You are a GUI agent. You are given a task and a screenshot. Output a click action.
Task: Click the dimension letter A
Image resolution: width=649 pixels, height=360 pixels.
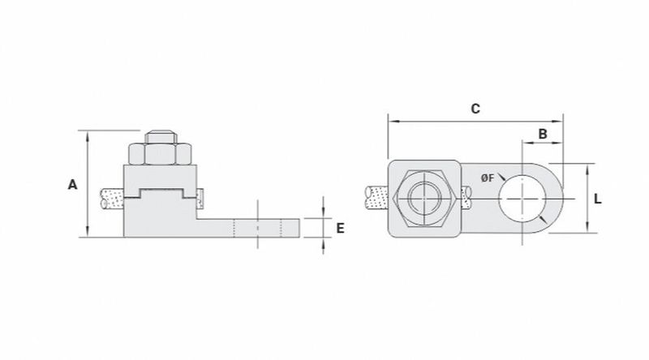click(x=72, y=185)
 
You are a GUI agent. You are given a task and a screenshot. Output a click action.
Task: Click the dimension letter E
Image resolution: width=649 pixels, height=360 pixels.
click(x=340, y=228)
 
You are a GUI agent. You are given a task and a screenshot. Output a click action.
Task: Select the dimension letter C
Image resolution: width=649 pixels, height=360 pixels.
click(x=475, y=109)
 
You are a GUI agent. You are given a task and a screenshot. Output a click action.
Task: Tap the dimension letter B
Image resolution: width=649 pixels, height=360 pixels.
click(x=542, y=134)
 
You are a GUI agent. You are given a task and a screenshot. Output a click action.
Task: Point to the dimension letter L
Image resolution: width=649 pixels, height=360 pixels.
click(x=597, y=199)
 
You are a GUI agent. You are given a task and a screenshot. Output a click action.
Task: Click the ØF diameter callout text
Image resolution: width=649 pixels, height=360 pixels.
click(x=488, y=178)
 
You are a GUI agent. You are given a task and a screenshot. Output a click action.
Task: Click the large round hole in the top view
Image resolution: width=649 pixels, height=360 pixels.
click(x=522, y=199)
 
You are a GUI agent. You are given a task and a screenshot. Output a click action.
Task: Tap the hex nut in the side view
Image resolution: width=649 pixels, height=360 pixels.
click(x=160, y=154)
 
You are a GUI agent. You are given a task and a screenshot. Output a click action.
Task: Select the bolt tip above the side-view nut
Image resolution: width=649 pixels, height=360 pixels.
click(x=161, y=137)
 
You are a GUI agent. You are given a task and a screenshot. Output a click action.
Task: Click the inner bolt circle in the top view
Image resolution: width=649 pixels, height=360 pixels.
click(x=424, y=199)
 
